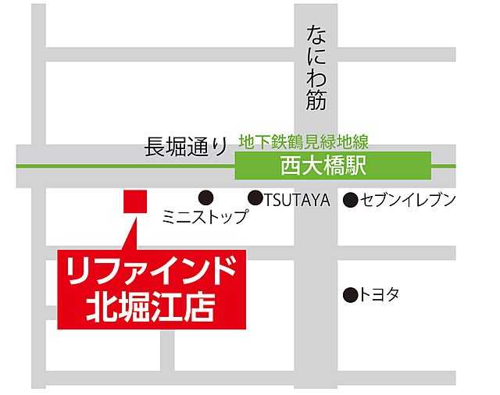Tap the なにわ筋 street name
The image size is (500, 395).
316,67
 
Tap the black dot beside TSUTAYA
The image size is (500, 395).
255,198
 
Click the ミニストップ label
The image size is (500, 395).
204,217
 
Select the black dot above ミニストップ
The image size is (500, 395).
205,198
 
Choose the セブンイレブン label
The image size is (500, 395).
409,200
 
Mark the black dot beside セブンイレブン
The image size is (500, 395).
352,200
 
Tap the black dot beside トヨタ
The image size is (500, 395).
350,295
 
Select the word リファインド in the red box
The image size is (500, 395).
152,272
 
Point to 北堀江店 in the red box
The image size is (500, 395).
152,304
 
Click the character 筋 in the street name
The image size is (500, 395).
316,99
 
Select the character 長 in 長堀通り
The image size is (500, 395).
154,146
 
